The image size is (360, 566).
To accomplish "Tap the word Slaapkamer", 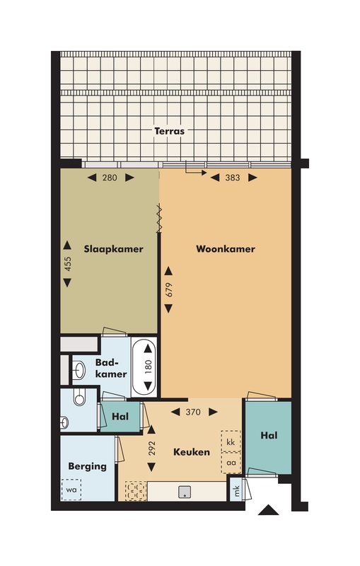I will tap(114, 249).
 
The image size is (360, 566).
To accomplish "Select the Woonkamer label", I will tap(225, 249).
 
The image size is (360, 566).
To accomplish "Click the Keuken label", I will tap(192, 451).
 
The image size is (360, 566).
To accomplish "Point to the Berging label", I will tap(87, 466).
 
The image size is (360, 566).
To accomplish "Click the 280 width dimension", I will tap(110, 178).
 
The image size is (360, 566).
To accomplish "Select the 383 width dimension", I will tap(231, 178).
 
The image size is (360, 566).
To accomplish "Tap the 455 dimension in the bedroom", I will tap(68, 264).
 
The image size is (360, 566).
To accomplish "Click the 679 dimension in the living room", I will tap(168, 289).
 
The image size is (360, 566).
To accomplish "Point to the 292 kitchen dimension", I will tap(151, 449).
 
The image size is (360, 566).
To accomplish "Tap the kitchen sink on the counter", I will tap(185, 490).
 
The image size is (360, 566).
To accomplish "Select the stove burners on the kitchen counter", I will tap(134, 490).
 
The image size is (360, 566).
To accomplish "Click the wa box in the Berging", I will tap(71, 489).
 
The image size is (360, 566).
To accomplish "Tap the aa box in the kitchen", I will tap(231, 463).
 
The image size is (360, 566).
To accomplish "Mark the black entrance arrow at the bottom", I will tap(267, 509).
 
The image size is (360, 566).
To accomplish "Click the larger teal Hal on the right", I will tap(268, 436).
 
